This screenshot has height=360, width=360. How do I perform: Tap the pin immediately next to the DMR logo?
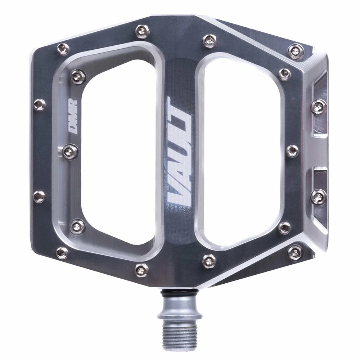tap(70, 151)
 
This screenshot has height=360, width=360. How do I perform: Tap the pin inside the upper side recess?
tap(319, 107)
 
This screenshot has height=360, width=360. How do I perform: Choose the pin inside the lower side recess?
tap(319, 197)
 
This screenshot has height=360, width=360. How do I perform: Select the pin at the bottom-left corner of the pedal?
tap(62, 253)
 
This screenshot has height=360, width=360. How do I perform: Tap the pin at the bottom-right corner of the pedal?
tap(295, 252)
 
